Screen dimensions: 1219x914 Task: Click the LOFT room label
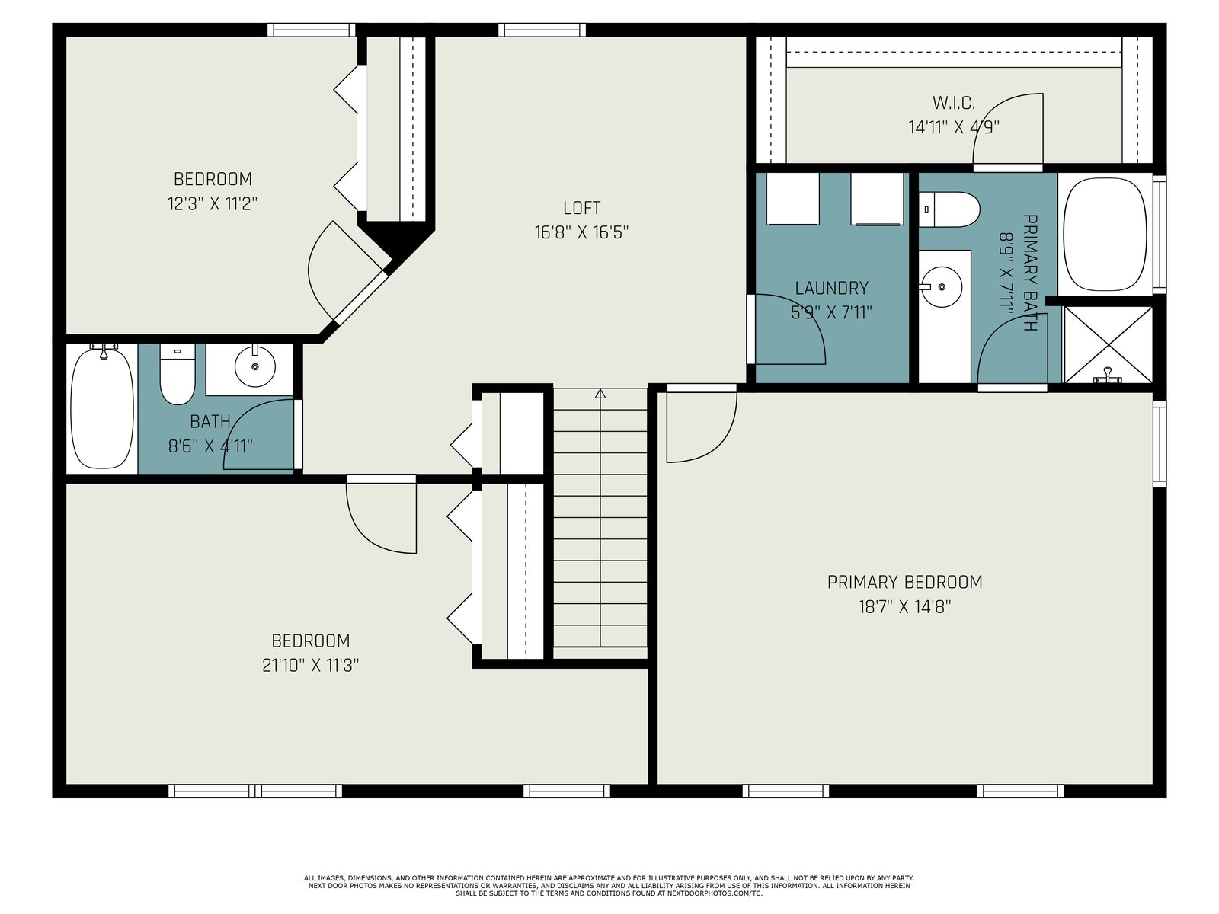pyautogui.click(x=581, y=207)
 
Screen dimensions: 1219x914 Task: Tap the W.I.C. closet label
pyautogui.click(x=954, y=103)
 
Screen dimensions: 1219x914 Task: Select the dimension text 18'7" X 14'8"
pyautogui.click(x=904, y=606)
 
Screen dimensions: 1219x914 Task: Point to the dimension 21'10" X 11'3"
pyautogui.click(x=310, y=665)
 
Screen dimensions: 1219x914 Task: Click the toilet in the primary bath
pyautogui.click(x=949, y=209)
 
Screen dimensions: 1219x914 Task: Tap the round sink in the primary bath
pyautogui.click(x=942, y=287)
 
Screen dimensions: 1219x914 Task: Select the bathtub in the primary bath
pyautogui.click(x=1105, y=234)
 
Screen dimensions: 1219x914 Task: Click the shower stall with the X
pyautogui.click(x=1108, y=345)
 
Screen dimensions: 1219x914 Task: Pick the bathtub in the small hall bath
pyautogui.click(x=103, y=408)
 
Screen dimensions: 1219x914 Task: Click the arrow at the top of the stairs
pyautogui.click(x=600, y=394)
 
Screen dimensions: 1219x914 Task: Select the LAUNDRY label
pyautogui.click(x=831, y=288)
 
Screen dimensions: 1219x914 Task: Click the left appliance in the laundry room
pyautogui.click(x=792, y=199)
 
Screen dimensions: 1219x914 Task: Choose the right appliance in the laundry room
pyautogui.click(x=877, y=199)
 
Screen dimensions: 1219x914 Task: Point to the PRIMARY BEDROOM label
pyautogui.click(x=904, y=582)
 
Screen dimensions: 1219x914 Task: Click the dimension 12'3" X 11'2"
pyautogui.click(x=212, y=203)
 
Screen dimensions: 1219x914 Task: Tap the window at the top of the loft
pyautogui.click(x=542, y=30)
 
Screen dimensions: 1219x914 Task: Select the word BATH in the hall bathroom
pyautogui.click(x=210, y=422)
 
